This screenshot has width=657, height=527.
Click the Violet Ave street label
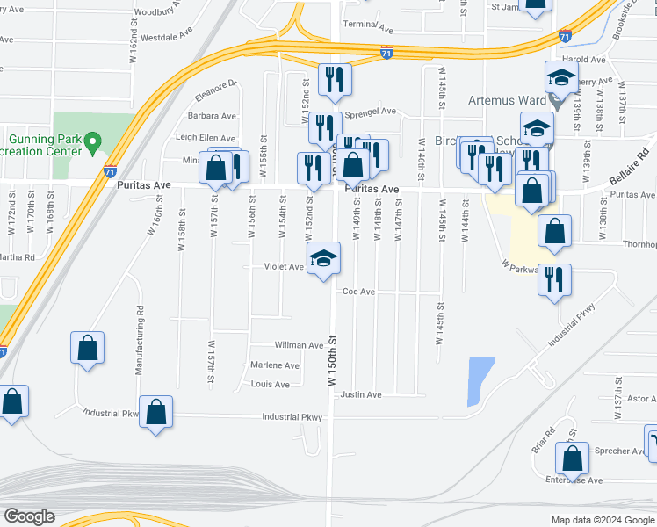(284, 266)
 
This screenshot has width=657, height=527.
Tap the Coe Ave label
(358, 292)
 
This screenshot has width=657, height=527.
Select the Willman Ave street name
(299, 345)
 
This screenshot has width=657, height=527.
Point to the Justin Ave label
(361, 395)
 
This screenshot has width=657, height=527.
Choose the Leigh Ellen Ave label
(206, 138)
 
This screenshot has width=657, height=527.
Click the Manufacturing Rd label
(140, 341)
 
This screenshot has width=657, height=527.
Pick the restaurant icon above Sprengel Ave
(335, 80)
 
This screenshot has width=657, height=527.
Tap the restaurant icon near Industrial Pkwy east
(554, 279)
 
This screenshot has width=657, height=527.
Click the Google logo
(30, 516)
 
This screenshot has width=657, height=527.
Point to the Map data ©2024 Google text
(602, 520)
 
